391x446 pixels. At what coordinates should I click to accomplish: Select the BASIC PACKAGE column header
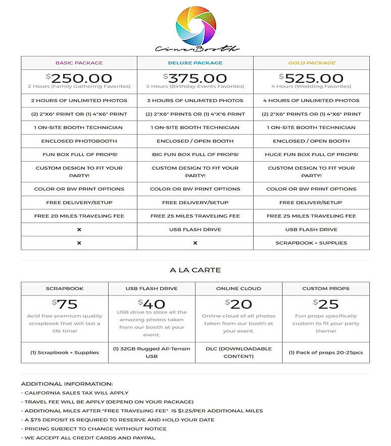pos(79,63)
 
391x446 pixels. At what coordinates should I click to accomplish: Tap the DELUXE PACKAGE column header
pos(195,63)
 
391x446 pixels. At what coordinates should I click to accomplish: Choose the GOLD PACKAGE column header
pos(311,63)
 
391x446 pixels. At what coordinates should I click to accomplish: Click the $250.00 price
pos(79,78)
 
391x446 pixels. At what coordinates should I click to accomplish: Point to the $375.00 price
pos(196,78)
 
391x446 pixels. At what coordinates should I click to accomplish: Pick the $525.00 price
pos(312,78)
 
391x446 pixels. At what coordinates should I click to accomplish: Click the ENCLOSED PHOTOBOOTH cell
pos(79,141)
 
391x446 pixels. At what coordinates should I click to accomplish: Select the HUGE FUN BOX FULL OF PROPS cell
pos(311,155)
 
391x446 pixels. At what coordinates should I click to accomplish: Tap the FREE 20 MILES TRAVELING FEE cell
pos(79,216)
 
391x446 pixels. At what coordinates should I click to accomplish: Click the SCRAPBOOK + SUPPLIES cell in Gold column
pos(311,243)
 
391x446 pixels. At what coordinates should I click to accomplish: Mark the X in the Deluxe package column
pos(195,243)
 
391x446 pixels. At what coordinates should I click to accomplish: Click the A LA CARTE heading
pos(194,270)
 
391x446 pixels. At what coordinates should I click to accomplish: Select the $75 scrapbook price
pos(64,304)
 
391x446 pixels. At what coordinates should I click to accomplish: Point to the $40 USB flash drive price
pos(151,304)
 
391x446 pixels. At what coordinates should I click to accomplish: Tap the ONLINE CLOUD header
pos(238,288)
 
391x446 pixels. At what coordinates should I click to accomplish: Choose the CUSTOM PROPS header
pos(325,288)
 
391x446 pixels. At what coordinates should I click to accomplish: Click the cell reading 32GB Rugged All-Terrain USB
pos(151,352)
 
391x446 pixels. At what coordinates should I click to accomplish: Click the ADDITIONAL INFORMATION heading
pos(67,384)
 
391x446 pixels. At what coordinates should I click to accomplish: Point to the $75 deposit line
pos(119,420)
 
